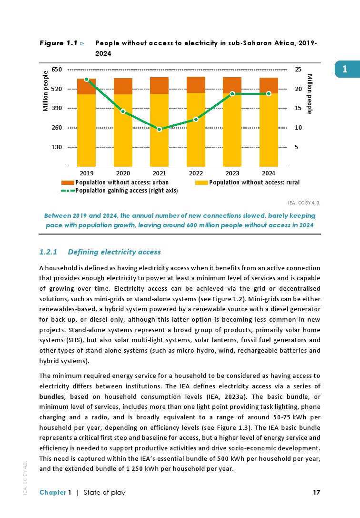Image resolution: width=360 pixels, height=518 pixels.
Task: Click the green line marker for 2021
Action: pyautogui.click(x=160, y=129)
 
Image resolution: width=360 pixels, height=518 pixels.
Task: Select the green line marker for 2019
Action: pyautogui.click(x=86, y=80)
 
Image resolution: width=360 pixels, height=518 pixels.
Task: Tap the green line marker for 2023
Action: pyautogui.click(x=232, y=94)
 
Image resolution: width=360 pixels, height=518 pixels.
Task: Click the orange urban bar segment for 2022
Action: pyautogui.click(x=196, y=85)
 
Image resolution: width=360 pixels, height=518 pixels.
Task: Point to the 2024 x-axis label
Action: pyautogui.click(x=269, y=173)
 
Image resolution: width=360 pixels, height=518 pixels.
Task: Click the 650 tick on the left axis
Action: pyautogui.click(x=57, y=70)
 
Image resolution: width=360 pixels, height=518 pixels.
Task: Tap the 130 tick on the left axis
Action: pyautogui.click(x=57, y=147)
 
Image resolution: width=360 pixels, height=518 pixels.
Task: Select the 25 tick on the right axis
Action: pyautogui.click(x=298, y=70)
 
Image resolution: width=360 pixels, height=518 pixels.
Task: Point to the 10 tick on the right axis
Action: pyautogui.click(x=298, y=128)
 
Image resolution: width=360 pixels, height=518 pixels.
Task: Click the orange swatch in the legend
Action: pyautogui.click(x=68, y=183)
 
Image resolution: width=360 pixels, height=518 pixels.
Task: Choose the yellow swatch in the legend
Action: pyautogui.click(x=202, y=183)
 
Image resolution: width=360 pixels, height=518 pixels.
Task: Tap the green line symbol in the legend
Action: pyautogui.click(x=68, y=191)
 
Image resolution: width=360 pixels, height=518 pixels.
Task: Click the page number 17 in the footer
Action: pyautogui.click(x=317, y=492)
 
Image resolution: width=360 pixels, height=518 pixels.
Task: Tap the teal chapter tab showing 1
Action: pyautogui.click(x=344, y=70)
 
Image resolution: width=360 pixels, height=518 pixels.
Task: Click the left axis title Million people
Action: pyautogui.click(x=46, y=91)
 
